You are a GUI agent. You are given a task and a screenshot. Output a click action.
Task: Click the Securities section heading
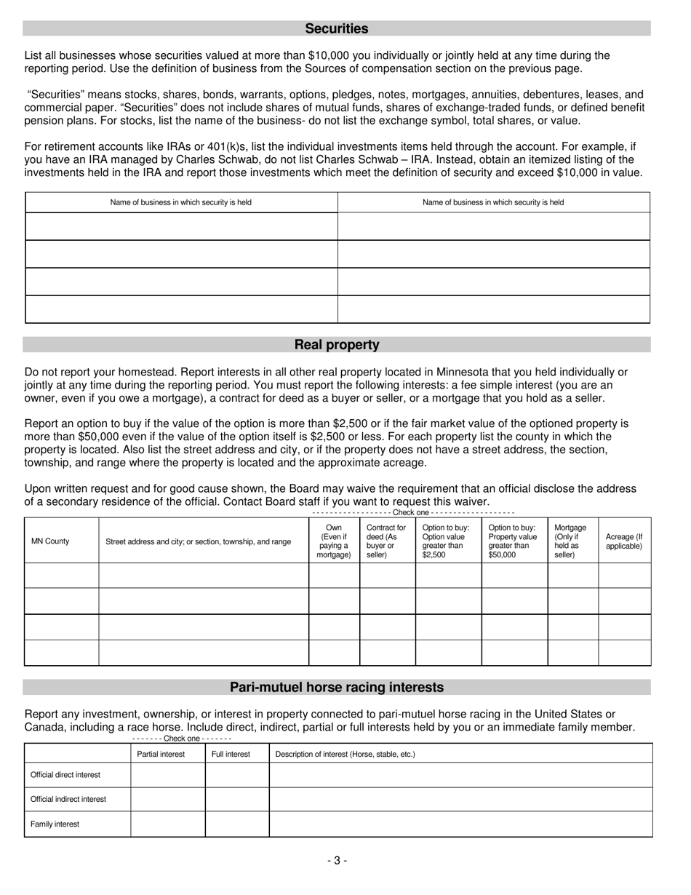(336, 28)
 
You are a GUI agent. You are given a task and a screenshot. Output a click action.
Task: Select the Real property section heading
(336, 344)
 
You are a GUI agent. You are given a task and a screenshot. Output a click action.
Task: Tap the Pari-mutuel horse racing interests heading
(336, 687)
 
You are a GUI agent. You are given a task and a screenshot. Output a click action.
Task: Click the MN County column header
(50, 541)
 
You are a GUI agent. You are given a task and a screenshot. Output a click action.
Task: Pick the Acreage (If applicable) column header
(623, 541)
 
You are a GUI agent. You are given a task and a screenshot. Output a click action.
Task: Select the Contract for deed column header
(386, 541)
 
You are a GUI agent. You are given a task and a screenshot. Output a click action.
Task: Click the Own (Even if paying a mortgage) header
(334, 541)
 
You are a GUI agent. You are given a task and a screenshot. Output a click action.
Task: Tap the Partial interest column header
(161, 754)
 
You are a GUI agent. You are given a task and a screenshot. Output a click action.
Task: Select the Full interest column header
(231, 754)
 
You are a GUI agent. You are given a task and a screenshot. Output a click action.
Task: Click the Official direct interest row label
(65, 775)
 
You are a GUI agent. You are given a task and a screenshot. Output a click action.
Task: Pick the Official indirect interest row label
(68, 799)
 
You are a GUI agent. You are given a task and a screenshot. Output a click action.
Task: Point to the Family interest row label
(55, 824)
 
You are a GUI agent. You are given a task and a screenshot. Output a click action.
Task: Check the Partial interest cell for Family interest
(167, 824)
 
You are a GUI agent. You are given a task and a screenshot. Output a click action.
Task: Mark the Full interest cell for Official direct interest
(237, 775)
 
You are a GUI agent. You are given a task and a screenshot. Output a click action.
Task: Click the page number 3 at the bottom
(337, 860)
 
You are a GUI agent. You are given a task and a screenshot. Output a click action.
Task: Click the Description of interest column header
(345, 754)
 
